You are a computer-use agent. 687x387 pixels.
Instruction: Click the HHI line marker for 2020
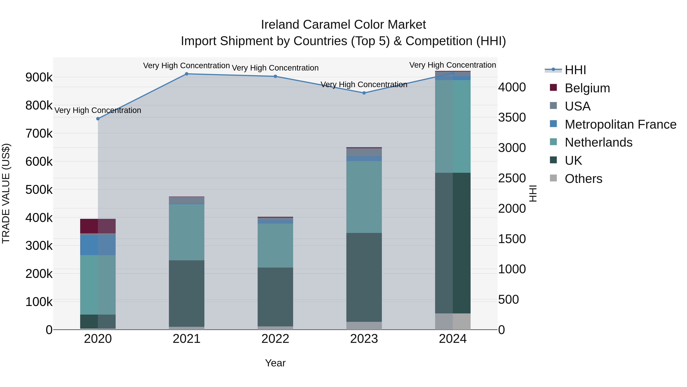[98, 118]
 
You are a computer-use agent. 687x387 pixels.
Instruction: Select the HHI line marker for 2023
[364, 93]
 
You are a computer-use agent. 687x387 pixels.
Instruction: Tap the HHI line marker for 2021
[187, 74]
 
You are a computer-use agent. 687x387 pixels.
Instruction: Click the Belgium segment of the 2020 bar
[98, 226]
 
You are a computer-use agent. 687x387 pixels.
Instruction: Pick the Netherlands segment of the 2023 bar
[364, 197]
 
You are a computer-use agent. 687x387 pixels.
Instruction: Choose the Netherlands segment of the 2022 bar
[275, 245]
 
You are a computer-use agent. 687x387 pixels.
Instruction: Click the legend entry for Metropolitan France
[620, 124]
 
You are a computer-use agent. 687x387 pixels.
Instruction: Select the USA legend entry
[577, 106]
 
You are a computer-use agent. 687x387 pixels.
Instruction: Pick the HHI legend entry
[575, 70]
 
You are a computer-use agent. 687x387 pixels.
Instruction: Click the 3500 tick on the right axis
[512, 118]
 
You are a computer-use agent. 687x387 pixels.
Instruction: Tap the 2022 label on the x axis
[275, 339]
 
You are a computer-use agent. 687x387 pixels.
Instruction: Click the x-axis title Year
[275, 363]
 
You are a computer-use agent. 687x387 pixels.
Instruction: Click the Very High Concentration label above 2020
[98, 110]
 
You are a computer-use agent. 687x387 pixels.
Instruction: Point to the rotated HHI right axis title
[533, 193]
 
